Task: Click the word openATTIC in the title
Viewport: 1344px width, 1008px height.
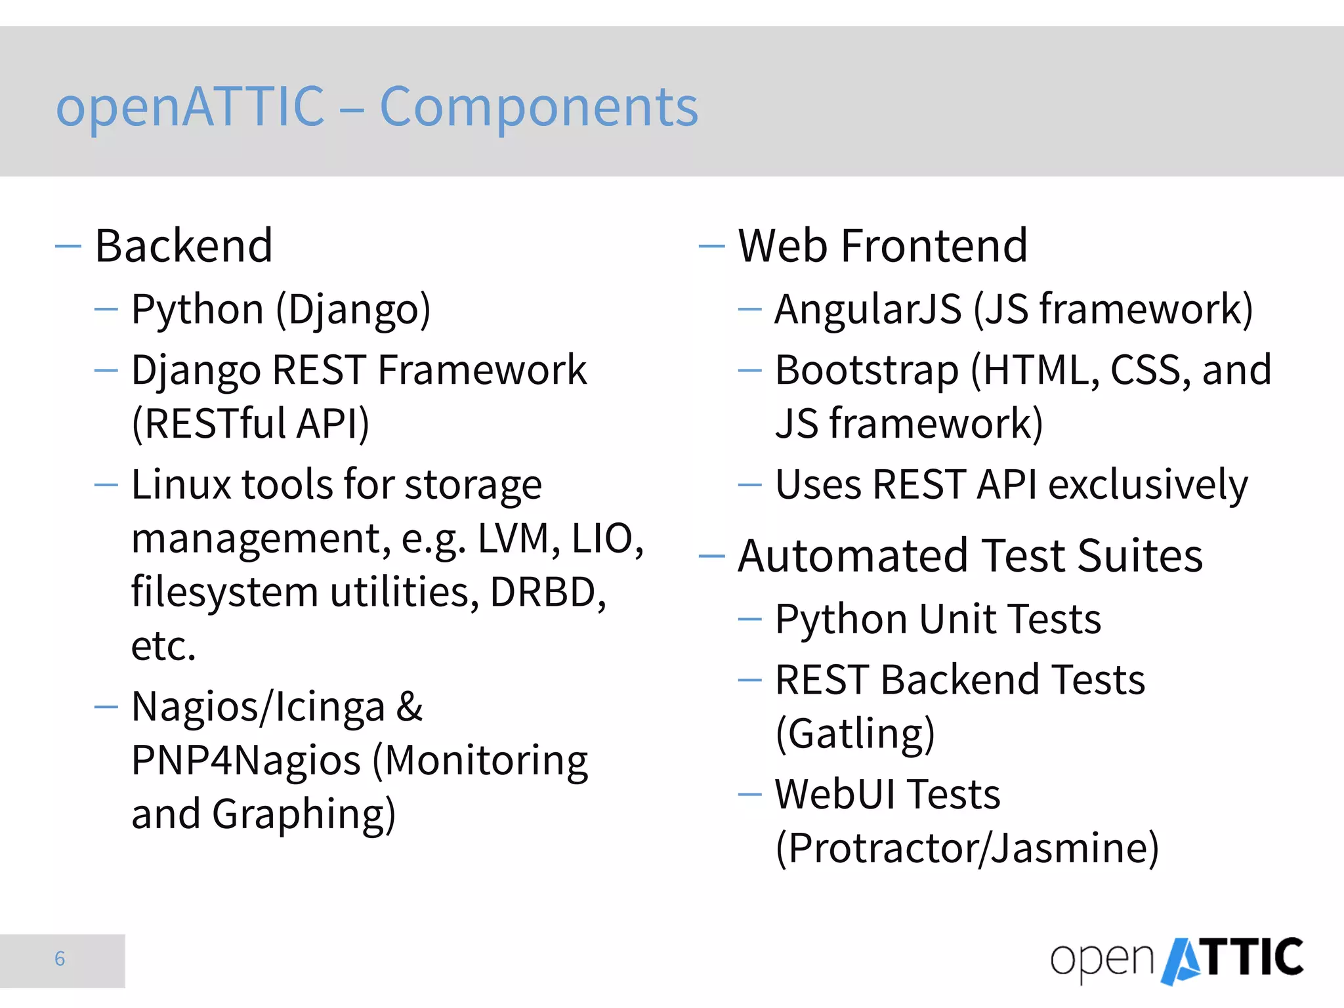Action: point(190,108)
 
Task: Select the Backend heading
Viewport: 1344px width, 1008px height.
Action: point(184,246)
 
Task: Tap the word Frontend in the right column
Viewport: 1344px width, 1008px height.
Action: point(934,246)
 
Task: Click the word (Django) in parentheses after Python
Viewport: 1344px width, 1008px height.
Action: point(353,310)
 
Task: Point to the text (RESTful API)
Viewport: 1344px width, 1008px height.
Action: point(251,424)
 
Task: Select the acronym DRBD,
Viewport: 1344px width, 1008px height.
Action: point(548,593)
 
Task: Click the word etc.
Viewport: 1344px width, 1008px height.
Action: point(163,646)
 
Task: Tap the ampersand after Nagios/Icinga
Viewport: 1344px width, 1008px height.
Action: point(409,707)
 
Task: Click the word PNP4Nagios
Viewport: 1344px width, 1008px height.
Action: point(246,761)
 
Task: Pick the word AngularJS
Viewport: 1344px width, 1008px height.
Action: point(868,310)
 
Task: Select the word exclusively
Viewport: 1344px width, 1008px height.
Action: point(1148,486)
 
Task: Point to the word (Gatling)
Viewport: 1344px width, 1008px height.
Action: point(855,734)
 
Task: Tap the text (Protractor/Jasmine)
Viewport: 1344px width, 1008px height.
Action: point(967,849)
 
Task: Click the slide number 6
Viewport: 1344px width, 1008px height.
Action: point(60,959)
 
